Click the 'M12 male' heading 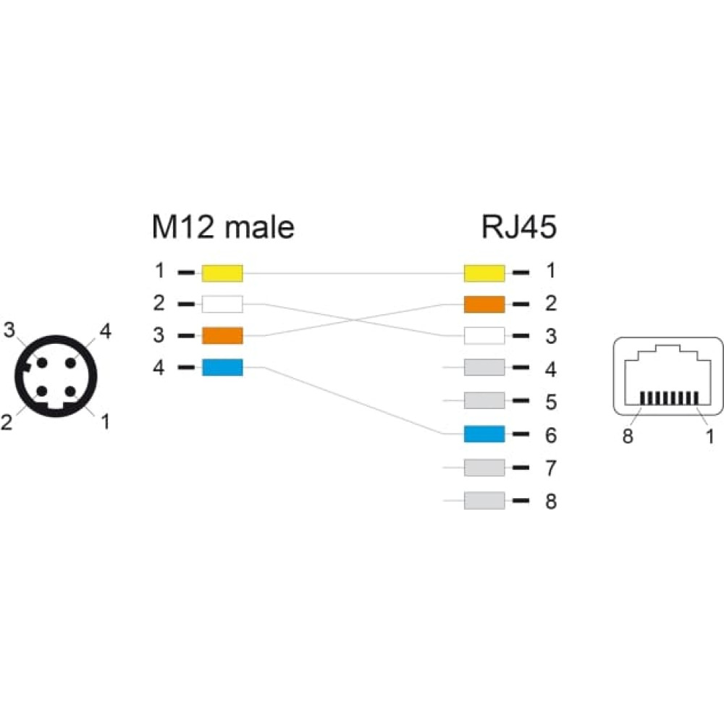[x=223, y=227]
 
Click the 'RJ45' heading [x=518, y=227]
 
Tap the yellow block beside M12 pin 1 [x=222, y=274]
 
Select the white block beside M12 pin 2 [x=222, y=304]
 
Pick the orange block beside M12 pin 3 [x=222, y=336]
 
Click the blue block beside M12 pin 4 [x=222, y=368]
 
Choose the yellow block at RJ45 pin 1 [x=484, y=274]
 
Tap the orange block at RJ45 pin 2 [x=484, y=304]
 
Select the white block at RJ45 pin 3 [x=484, y=336]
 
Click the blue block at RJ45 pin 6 [x=484, y=434]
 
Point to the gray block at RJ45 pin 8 [x=484, y=500]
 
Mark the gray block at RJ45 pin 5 [x=484, y=400]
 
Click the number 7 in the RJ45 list [x=551, y=468]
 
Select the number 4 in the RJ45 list [x=551, y=369]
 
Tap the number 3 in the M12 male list [x=159, y=335]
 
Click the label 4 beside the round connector [x=106, y=332]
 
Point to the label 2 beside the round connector [x=7, y=422]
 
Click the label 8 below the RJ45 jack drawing [x=628, y=436]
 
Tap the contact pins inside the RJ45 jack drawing [x=669, y=398]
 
